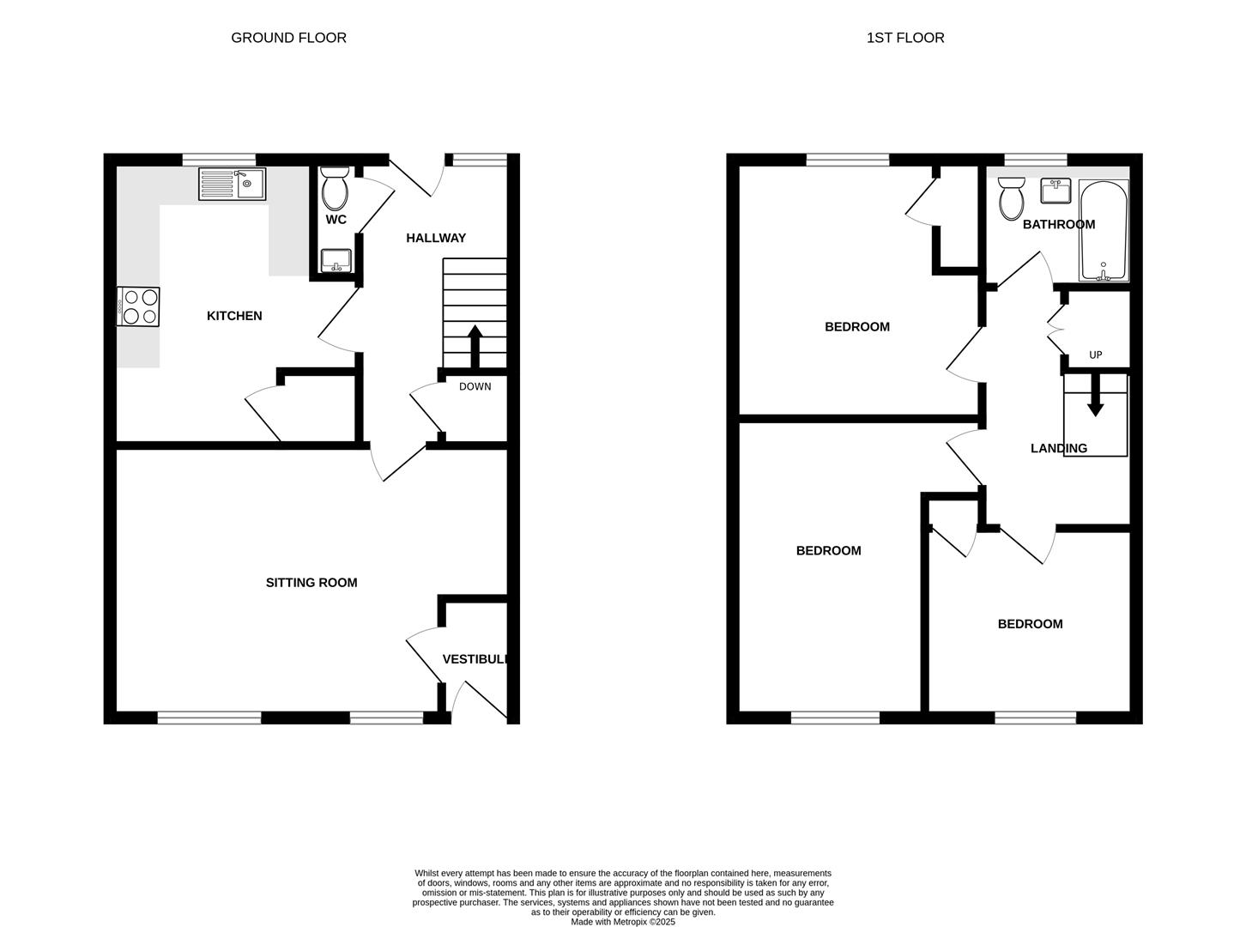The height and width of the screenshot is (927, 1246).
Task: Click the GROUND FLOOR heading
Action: (x=288, y=38)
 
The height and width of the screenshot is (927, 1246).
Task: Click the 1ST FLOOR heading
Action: (x=905, y=38)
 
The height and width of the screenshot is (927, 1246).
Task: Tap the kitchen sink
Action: (x=232, y=184)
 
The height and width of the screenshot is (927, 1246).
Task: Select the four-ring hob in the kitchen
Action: (x=138, y=306)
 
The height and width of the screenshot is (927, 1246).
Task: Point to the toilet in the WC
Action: (x=335, y=188)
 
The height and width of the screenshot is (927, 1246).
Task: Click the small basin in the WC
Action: (x=336, y=261)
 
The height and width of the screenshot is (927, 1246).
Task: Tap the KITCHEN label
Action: (x=234, y=316)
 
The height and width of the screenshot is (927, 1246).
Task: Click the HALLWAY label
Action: (x=436, y=238)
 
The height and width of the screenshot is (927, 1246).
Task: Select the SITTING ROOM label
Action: (x=311, y=583)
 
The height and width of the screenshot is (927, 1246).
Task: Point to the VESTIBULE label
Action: (x=475, y=659)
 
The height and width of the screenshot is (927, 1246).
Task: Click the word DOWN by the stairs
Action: (x=475, y=386)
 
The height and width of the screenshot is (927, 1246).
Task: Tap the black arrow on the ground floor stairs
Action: (x=475, y=347)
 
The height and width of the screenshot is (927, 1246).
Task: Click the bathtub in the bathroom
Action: (x=1104, y=231)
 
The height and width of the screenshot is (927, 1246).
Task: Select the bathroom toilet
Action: (x=1012, y=198)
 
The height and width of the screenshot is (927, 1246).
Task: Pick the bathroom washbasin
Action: (x=1056, y=191)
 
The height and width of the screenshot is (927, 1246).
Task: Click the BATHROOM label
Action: (x=1059, y=224)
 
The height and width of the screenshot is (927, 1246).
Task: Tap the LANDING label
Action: (x=1059, y=448)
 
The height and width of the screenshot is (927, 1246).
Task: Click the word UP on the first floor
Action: (x=1096, y=354)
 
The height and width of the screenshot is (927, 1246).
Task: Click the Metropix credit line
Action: (x=623, y=922)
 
